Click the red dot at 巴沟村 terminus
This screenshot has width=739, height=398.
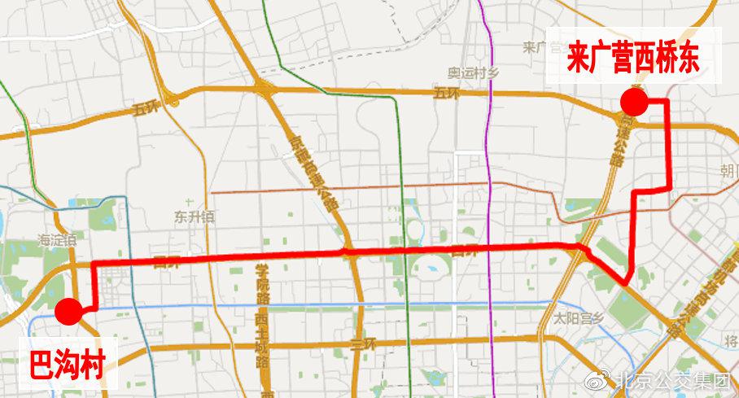tap(68, 311)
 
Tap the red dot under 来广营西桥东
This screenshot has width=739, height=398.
tap(634, 103)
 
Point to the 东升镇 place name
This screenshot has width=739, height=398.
tap(193, 216)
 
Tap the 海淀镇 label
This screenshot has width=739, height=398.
tap(56, 239)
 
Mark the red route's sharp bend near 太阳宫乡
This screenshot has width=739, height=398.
tap(627, 282)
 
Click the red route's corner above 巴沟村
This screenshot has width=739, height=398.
tap(95, 264)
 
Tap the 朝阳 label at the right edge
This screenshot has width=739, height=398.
tap(728, 171)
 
